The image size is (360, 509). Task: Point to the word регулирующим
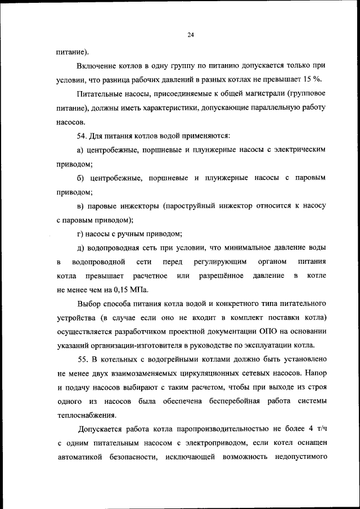click(x=217, y=262)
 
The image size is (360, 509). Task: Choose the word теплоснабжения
click(x=86, y=416)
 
